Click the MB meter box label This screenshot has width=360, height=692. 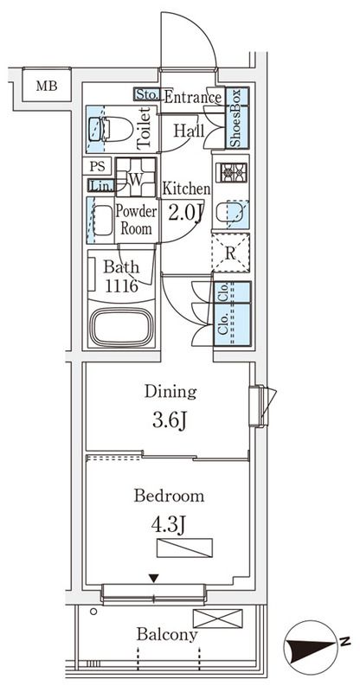point(47,86)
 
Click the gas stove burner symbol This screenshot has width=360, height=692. point(231,172)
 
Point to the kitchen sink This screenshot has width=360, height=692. point(229,214)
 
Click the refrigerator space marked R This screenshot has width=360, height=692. point(230,253)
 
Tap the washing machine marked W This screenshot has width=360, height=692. point(136,177)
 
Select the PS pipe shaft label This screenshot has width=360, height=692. point(98,166)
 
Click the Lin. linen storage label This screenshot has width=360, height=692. point(101,186)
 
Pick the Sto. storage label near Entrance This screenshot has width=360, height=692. point(147,94)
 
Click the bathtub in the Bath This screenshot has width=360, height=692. point(121,327)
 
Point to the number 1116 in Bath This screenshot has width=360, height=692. point(121,285)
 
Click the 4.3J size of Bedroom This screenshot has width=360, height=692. point(169,526)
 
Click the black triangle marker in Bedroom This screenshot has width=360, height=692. point(153,578)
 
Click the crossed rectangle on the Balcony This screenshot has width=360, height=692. point(218,618)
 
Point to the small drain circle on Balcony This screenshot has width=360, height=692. point(93,612)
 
